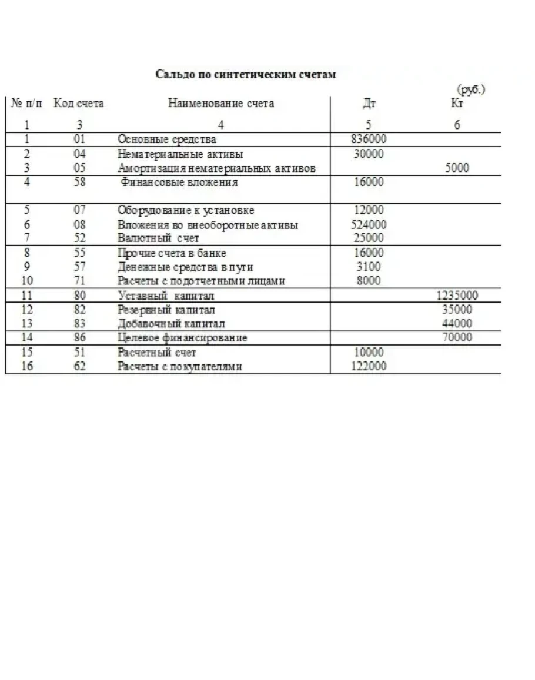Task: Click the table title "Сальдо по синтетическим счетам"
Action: [x=246, y=74]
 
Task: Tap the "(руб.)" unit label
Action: [x=471, y=90]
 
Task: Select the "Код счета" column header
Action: [x=79, y=104]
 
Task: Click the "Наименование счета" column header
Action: [x=221, y=104]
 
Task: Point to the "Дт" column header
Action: [x=369, y=104]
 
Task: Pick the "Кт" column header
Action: [x=457, y=104]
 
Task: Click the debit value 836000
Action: [x=368, y=140]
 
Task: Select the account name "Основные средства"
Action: [x=167, y=140]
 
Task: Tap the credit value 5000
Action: [x=457, y=168]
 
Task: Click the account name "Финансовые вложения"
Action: [x=179, y=182]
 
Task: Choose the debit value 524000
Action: [x=368, y=224]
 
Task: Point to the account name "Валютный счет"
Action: [x=158, y=238]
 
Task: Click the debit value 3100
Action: [x=368, y=267]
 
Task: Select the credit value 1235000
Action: [x=457, y=296]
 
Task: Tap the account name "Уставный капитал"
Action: [x=166, y=296]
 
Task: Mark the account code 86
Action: [x=80, y=337]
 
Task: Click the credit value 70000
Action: [x=457, y=337]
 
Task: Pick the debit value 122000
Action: [x=368, y=366]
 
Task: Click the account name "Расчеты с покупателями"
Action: [x=180, y=366]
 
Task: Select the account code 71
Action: [x=80, y=281]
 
